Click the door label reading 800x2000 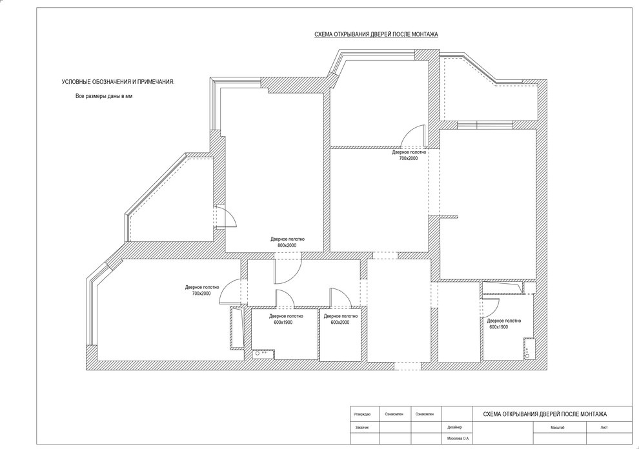coord(287,246)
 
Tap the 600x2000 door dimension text coord(340,323)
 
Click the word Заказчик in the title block coord(361,428)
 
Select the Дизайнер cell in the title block coord(454,428)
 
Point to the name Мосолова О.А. coord(458,439)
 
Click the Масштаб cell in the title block coord(558,428)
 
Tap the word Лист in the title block coord(604,428)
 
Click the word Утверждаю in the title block coord(362,414)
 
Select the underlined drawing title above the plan coord(376,35)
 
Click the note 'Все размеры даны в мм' coord(105,97)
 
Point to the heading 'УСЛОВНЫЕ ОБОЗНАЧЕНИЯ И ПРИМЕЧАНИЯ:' coord(117,82)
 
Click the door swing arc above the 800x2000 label coord(288,268)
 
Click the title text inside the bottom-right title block coord(545,414)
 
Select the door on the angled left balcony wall coord(226,216)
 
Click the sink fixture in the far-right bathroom coord(528,348)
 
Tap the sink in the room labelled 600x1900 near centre coord(263,354)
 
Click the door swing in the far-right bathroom coord(491,308)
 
